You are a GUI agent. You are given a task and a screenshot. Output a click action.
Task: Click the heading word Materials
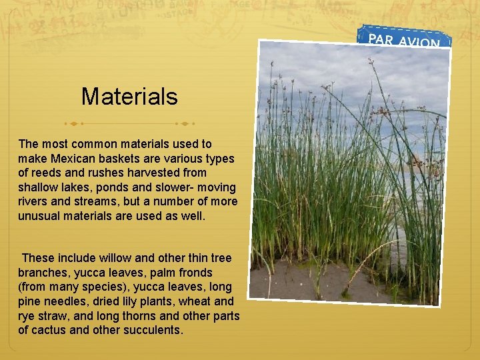129,97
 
